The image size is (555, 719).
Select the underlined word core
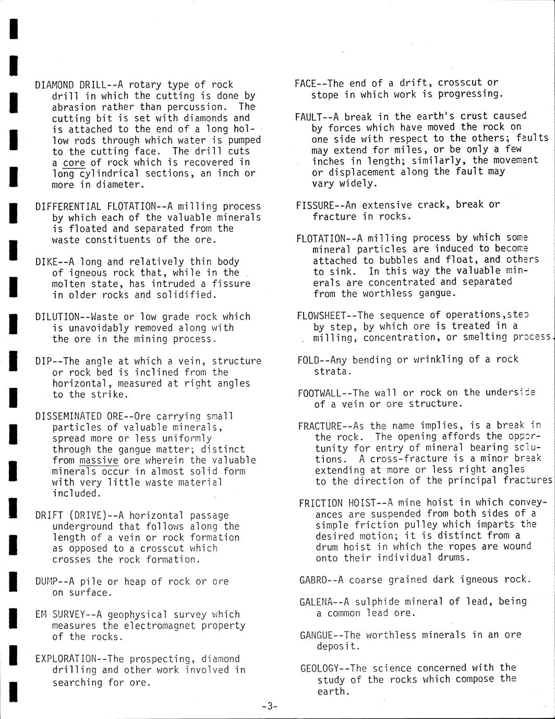click(x=74, y=163)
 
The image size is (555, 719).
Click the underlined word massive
click(x=99, y=460)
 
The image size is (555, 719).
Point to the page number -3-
click(x=270, y=706)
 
